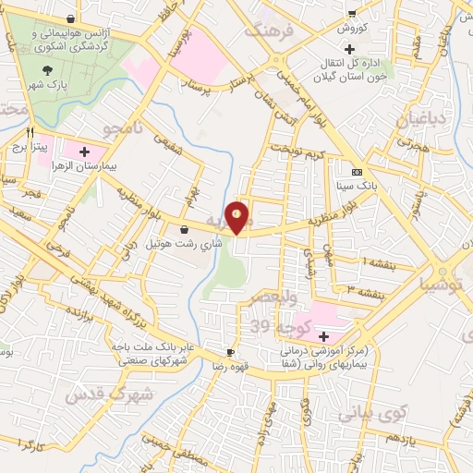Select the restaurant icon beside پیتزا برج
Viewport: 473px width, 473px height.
[31, 132]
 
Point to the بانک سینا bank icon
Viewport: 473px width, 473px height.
[356, 172]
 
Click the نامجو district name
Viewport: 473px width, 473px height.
[127, 128]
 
